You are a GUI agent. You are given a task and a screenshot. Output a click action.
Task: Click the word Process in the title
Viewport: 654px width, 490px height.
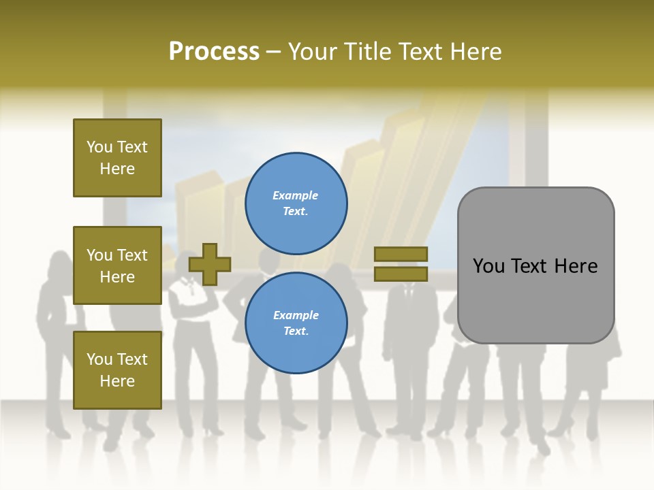click(x=214, y=52)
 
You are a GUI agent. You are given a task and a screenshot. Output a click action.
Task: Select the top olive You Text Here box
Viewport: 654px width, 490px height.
click(x=117, y=158)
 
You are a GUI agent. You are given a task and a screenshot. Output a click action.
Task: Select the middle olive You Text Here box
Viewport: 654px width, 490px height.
click(x=117, y=265)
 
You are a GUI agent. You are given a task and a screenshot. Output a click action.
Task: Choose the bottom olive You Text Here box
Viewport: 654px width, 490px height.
click(x=117, y=370)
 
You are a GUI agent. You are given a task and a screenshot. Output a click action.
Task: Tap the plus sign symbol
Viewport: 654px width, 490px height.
click(x=210, y=264)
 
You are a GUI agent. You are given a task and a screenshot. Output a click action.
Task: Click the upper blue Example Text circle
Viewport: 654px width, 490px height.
click(x=296, y=203)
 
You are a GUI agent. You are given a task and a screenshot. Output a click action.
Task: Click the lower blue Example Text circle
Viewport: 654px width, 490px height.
click(x=296, y=323)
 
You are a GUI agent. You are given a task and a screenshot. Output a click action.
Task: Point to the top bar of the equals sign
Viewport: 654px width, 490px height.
click(x=401, y=255)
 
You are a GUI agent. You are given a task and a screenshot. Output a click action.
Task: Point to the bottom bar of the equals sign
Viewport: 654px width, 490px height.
click(x=401, y=274)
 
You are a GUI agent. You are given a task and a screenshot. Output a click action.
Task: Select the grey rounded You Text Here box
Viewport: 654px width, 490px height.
click(x=535, y=265)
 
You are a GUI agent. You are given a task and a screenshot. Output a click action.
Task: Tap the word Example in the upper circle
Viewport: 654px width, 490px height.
click(x=296, y=195)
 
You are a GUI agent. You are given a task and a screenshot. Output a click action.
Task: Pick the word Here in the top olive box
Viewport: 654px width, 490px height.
click(x=117, y=169)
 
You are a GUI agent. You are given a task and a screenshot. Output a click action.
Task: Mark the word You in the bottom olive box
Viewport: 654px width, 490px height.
click(x=99, y=359)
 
